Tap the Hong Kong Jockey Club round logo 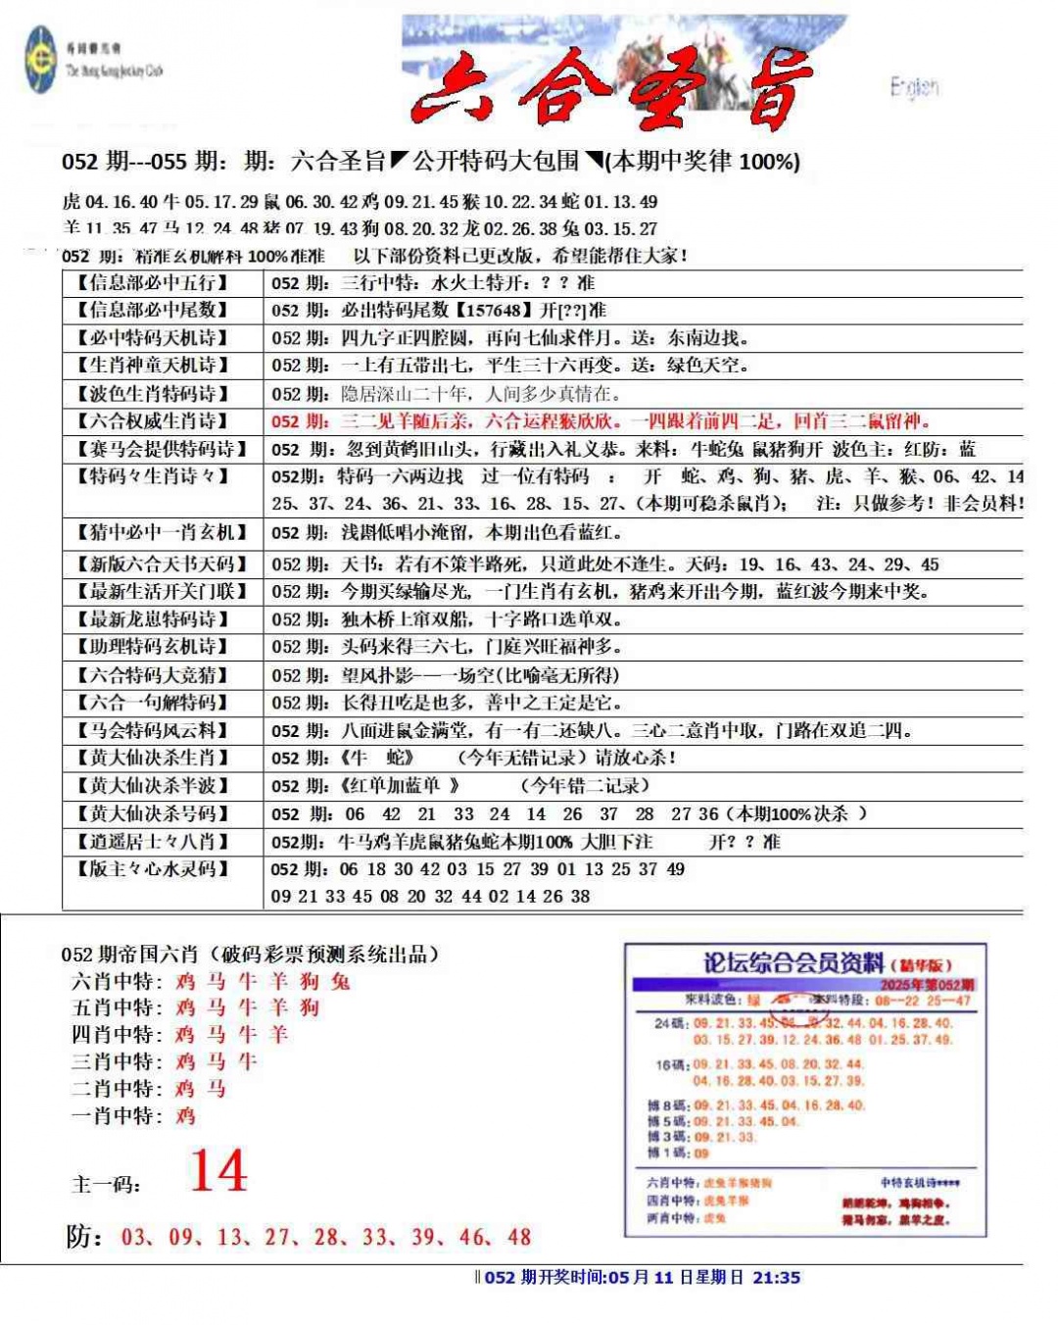pos(41,61)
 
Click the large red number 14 pos(218,1172)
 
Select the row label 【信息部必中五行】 pos(153,283)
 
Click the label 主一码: pos(107,1184)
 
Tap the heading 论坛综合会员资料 pos(793,963)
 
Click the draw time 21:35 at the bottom pos(776,1278)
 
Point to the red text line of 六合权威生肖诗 pos(600,421)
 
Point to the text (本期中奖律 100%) pos(702,162)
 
